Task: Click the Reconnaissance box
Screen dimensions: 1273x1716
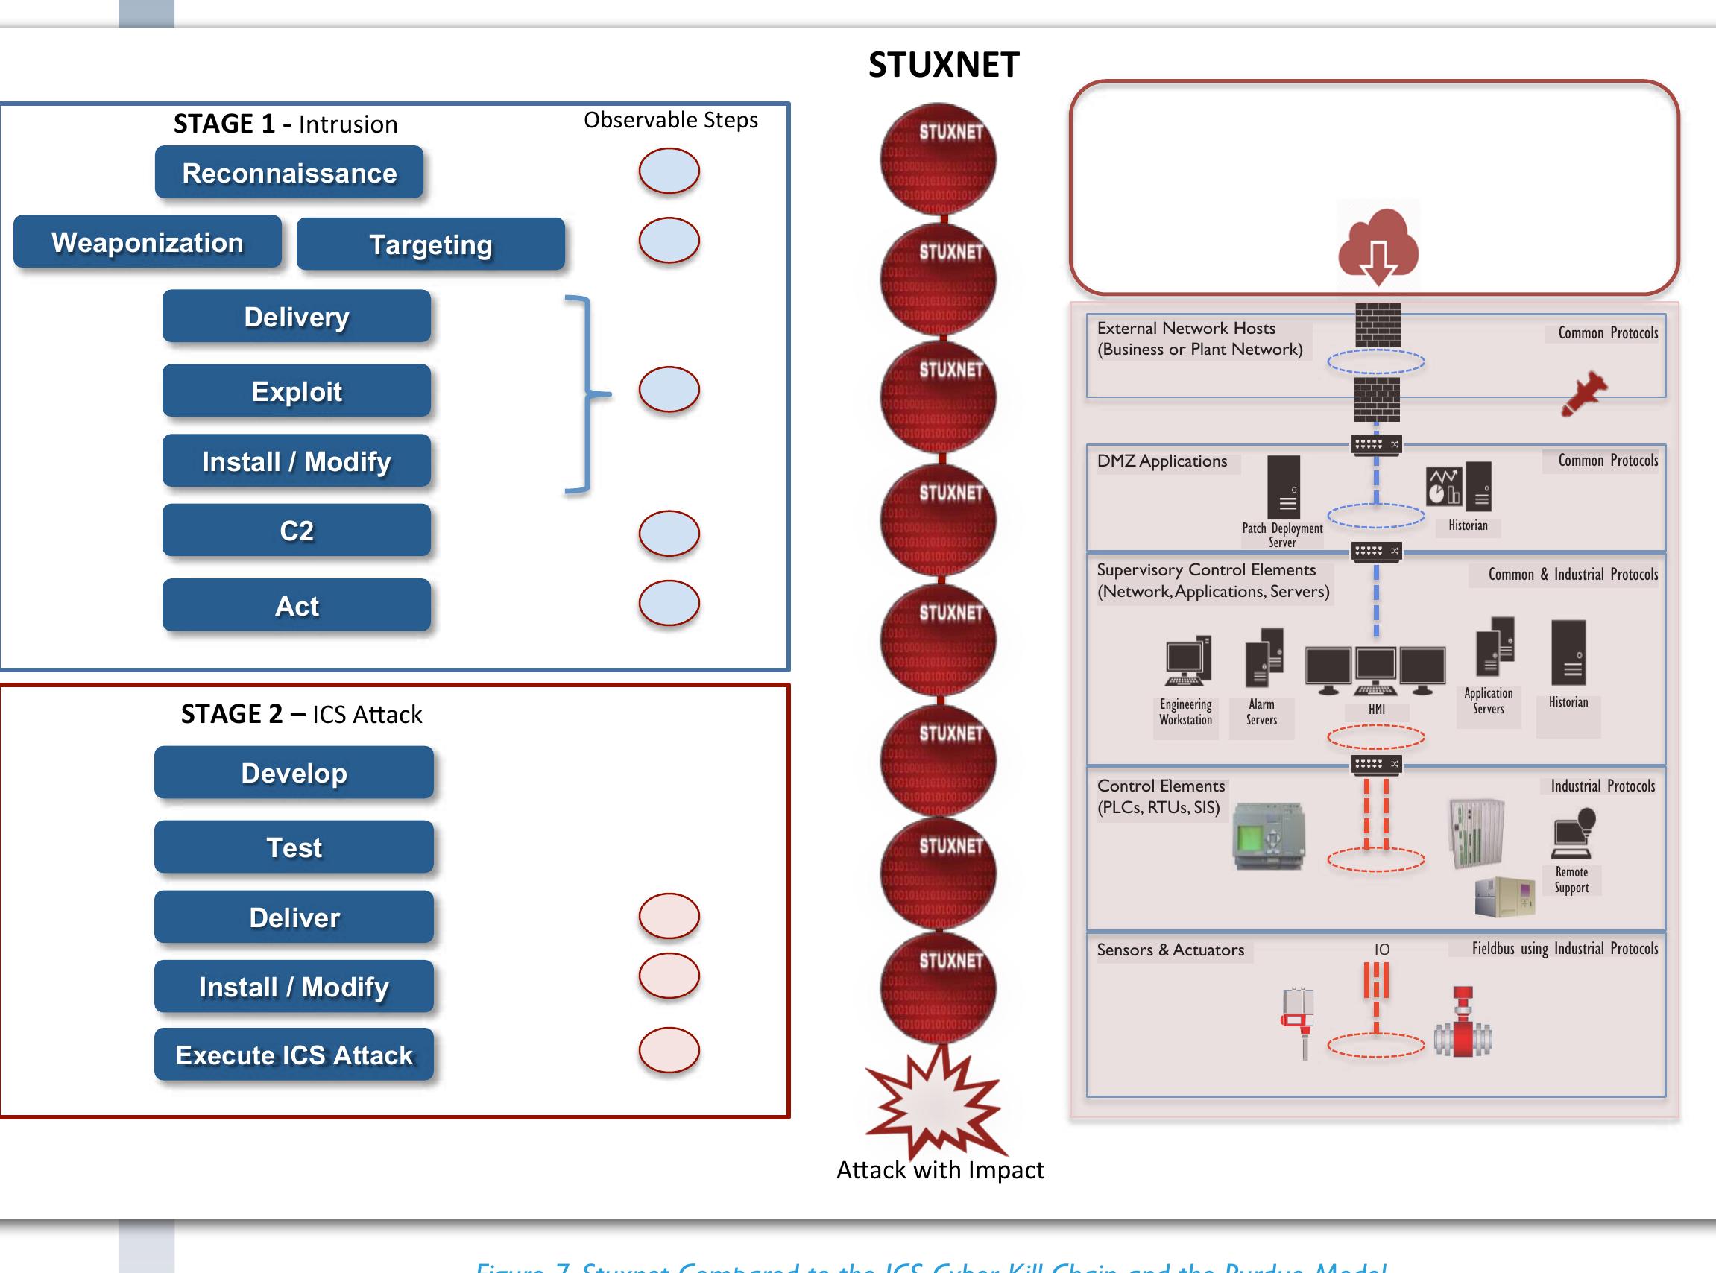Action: [289, 173]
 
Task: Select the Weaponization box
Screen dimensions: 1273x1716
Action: [147, 242]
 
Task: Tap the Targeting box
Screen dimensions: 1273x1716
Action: [430, 244]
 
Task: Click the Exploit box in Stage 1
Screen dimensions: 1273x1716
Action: [296, 391]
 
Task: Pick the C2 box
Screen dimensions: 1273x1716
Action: [296, 530]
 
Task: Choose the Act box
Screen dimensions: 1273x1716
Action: [296, 606]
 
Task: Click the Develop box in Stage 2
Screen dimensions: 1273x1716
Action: [294, 772]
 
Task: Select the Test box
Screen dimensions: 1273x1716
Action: [294, 847]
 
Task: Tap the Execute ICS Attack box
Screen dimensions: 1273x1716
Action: [294, 1054]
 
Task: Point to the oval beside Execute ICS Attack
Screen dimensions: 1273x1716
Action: [669, 1049]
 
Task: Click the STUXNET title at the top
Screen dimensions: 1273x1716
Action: [943, 65]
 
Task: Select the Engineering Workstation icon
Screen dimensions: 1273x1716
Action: [1187, 661]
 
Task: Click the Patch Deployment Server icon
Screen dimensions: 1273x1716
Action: [1283, 487]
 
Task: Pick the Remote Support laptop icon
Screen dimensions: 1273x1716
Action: [1573, 834]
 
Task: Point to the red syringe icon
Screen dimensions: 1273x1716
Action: [1583, 394]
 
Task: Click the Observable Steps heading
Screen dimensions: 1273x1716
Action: [670, 120]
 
